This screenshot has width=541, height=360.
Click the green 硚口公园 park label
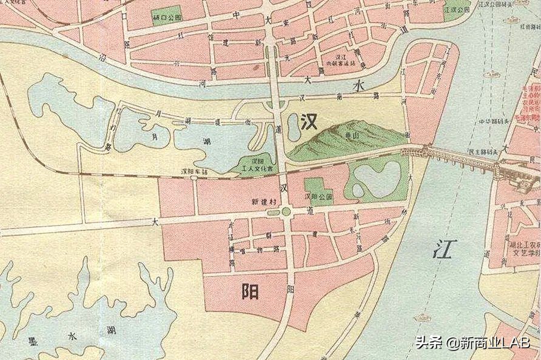pyautogui.click(x=168, y=18)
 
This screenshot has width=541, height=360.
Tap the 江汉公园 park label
pyautogui.click(x=456, y=10)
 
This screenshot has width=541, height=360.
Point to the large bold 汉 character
pyautogui.click(x=309, y=122)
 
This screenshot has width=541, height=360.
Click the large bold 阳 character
pyautogui.click(x=249, y=292)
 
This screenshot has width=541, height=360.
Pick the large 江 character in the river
pyautogui.click(x=443, y=248)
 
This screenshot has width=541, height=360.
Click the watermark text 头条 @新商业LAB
pyautogui.click(x=472, y=342)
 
